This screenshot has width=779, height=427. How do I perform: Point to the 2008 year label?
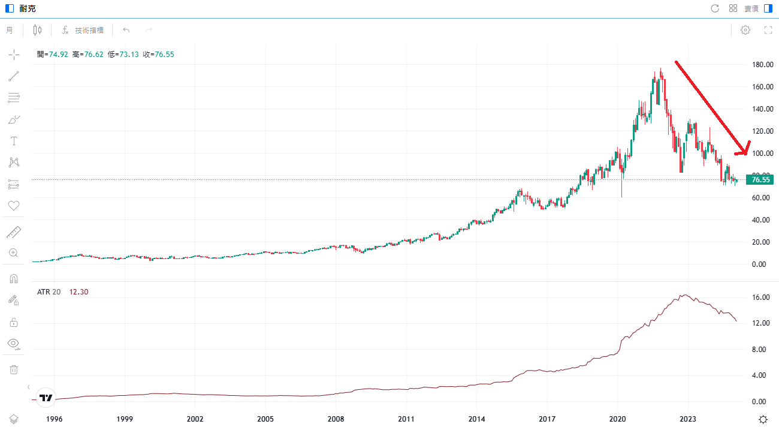336,419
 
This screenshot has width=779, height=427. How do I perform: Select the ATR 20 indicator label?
49,291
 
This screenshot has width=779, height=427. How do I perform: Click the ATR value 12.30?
79,291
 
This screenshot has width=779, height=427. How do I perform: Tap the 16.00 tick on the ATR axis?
761,297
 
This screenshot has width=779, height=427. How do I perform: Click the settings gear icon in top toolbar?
745,30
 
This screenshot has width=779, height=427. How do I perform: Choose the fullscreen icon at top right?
768,30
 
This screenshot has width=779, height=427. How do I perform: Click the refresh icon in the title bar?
714,8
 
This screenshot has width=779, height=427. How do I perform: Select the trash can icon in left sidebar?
14,369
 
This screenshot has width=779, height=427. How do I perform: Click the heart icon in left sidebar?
14,206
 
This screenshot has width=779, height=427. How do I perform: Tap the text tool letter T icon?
14,141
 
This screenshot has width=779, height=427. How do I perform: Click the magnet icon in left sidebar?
14,279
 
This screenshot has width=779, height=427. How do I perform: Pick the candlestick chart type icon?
38,30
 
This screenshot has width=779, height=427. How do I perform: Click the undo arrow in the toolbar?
126,30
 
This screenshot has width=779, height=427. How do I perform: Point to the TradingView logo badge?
46,397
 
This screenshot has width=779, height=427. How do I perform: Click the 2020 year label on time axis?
618,419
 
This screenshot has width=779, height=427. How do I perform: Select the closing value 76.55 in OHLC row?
164,54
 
